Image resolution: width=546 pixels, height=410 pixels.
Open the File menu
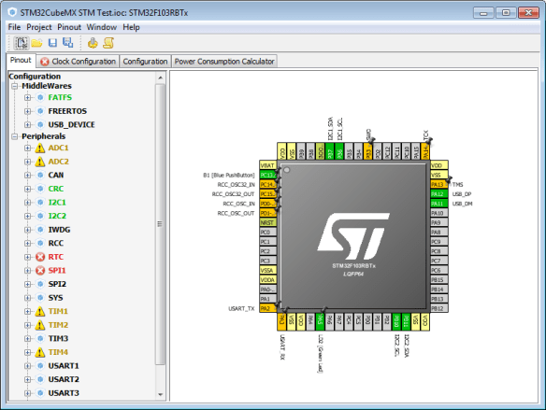[x=15, y=27]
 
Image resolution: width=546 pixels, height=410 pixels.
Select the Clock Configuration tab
[x=78, y=61]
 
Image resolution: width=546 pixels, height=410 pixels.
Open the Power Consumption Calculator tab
[x=224, y=61]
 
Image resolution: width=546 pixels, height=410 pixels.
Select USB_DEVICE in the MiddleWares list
[x=71, y=124]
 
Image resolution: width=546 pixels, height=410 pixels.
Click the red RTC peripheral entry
[x=56, y=256]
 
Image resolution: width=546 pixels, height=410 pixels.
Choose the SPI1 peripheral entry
[x=58, y=270]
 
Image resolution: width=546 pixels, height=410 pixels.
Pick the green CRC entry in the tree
[x=56, y=188]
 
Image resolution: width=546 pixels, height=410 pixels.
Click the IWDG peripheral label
[x=59, y=229]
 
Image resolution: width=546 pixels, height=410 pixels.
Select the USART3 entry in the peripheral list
[x=65, y=393]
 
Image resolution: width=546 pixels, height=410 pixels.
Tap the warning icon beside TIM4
[x=39, y=352]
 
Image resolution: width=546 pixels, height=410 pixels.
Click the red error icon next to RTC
[x=39, y=256]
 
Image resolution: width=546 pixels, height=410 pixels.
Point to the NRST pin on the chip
[x=266, y=222]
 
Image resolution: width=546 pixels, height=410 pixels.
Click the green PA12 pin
[x=437, y=193]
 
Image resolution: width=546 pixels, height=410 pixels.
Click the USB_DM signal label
[x=462, y=204]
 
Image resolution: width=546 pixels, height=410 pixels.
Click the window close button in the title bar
[x=530, y=8]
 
